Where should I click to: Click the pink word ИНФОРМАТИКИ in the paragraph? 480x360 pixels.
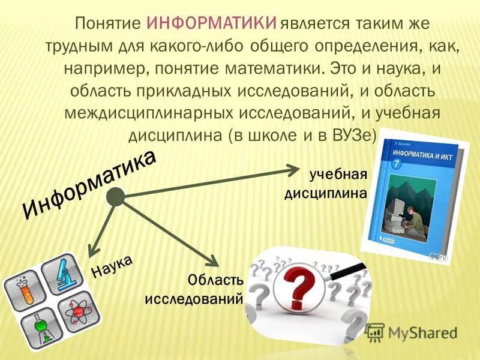tap(212, 25)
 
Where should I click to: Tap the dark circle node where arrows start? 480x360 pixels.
tap(115, 196)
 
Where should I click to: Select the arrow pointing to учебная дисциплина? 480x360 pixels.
tap(210, 180)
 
